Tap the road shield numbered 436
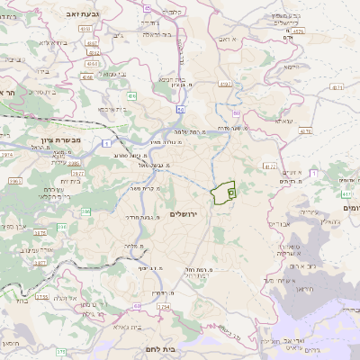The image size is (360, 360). click(132, 94)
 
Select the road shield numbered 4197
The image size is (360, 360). click(224, 84)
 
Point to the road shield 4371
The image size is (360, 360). click(337, 87)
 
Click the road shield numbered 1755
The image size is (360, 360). click(40, 296)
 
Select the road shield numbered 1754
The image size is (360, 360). click(163, 307)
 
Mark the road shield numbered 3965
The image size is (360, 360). click(15, 181)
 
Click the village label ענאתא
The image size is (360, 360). click(284, 120)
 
